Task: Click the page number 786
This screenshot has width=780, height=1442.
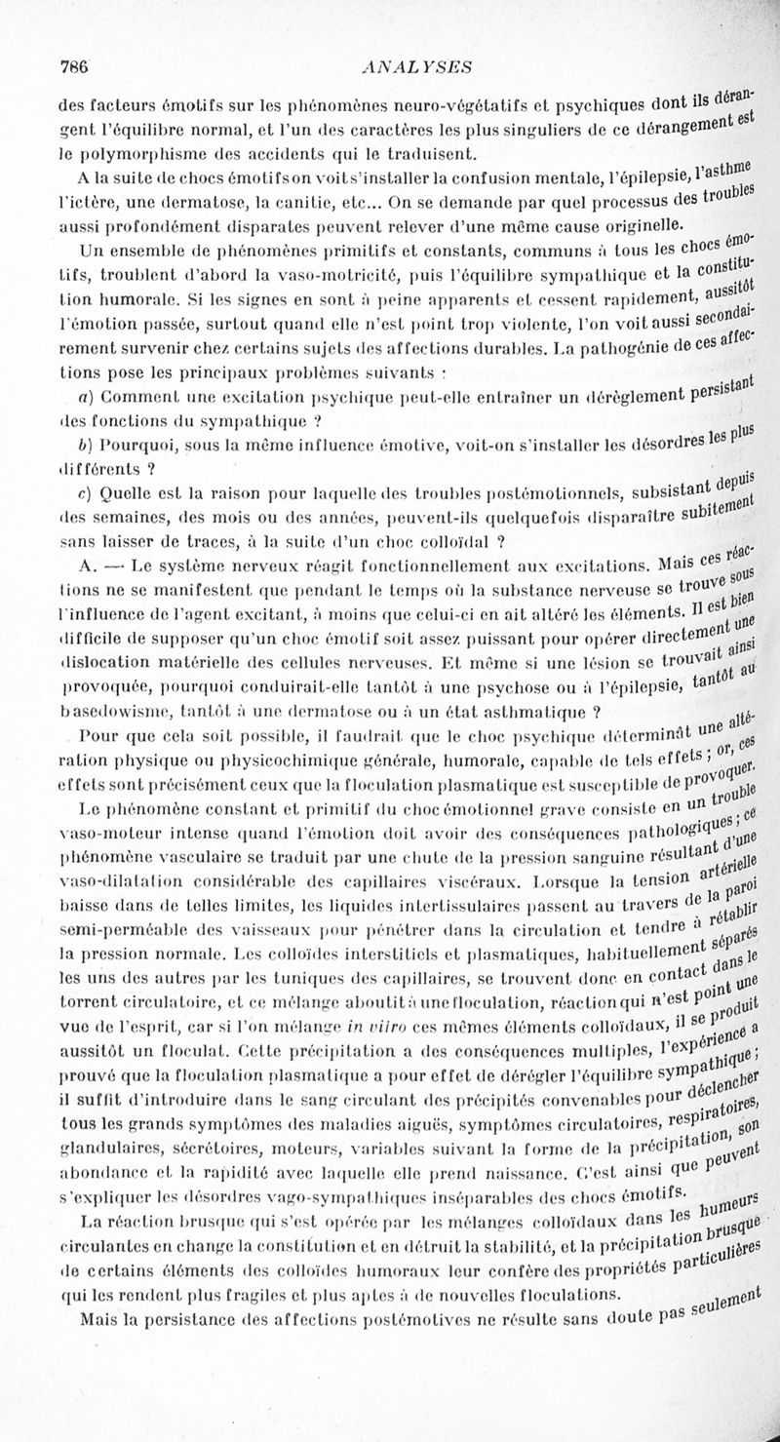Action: pos(75,67)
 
